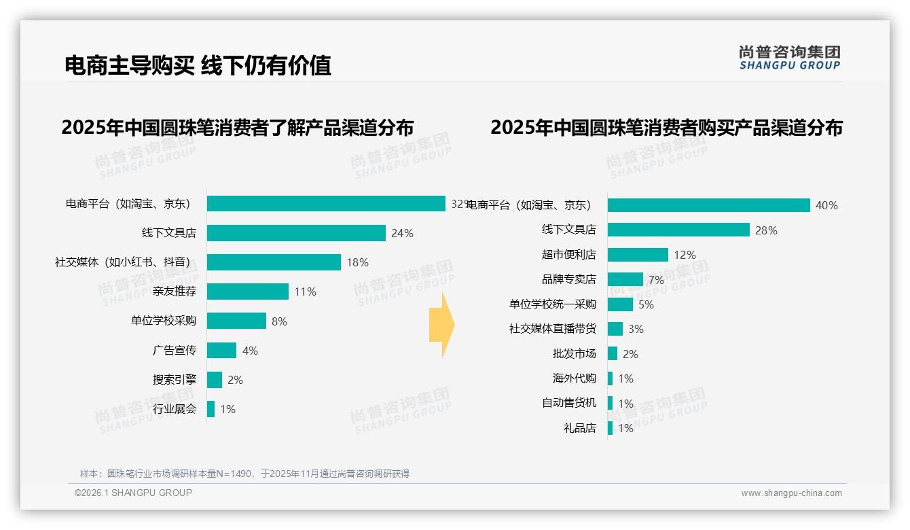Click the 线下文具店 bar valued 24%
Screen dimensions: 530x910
pyautogui.click(x=296, y=233)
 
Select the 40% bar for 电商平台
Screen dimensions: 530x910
pyautogui.click(x=708, y=205)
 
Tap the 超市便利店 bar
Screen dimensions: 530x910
pyautogui.click(x=638, y=255)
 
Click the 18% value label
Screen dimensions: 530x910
pyautogui.click(x=357, y=262)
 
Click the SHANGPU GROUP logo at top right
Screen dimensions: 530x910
pyautogui.click(x=790, y=58)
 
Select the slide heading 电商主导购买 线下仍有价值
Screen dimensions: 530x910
pyautogui.click(x=198, y=65)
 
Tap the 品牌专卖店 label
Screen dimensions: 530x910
pyautogui.click(x=568, y=279)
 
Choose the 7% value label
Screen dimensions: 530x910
pyautogui.click(x=656, y=280)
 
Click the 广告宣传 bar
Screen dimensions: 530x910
pyautogui.click(x=221, y=351)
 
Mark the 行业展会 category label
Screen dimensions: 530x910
pyautogui.click(x=174, y=409)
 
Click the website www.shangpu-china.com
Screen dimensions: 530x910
pyautogui.click(x=791, y=493)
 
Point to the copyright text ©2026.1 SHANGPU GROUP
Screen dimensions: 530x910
pyautogui.click(x=133, y=493)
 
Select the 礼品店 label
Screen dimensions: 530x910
pyautogui.click(x=579, y=428)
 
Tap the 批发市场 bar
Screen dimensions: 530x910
pyautogui.click(x=613, y=354)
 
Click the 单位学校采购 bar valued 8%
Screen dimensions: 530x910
pyautogui.click(x=236, y=321)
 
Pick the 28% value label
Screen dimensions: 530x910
pyautogui.click(x=766, y=230)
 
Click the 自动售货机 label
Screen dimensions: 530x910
pyautogui.click(x=568, y=403)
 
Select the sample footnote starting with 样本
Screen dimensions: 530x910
pyautogui.click(x=244, y=474)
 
